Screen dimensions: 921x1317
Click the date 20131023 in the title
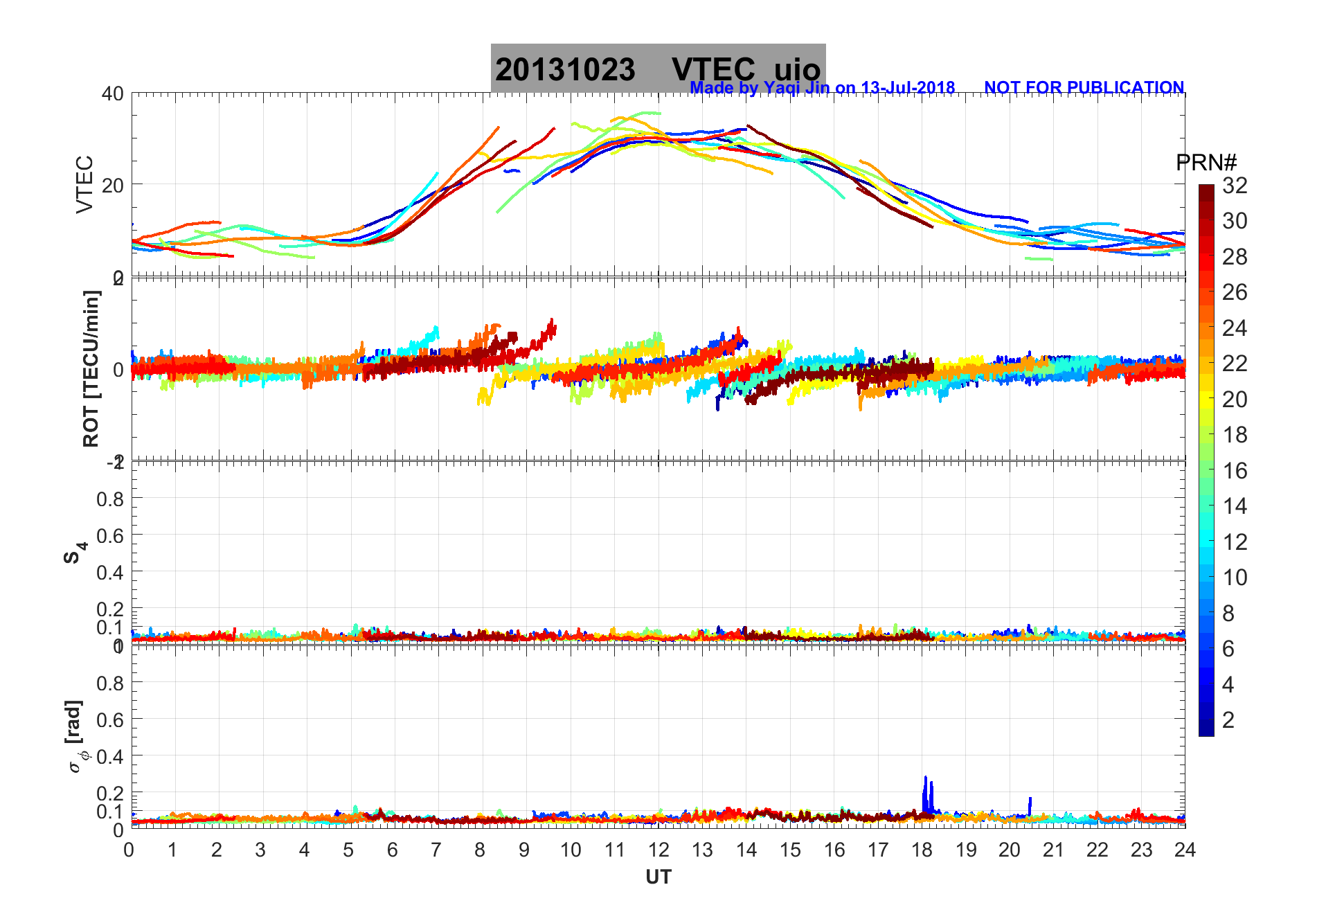[565, 70]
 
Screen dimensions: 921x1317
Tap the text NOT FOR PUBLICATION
[1084, 88]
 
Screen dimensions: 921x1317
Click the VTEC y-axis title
[84, 184]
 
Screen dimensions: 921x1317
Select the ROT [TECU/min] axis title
[91, 368]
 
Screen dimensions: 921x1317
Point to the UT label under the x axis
[658, 877]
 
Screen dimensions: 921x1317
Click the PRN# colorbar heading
[1206, 163]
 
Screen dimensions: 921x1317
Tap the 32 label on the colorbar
[1235, 186]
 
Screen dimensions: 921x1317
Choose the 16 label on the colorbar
[1235, 471]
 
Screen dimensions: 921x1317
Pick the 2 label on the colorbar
[1228, 720]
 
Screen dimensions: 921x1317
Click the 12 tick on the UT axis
[658, 850]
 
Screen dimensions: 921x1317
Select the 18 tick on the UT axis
[922, 850]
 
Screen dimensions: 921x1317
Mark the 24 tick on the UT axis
[1185, 850]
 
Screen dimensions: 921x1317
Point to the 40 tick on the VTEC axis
[112, 93]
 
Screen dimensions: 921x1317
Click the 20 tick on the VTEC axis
[112, 185]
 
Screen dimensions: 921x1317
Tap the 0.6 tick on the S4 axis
[110, 535]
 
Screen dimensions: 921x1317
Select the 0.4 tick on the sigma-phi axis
[110, 756]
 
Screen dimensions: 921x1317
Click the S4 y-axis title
[75, 552]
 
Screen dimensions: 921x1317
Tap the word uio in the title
[797, 70]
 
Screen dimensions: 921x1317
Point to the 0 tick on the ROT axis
[118, 369]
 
